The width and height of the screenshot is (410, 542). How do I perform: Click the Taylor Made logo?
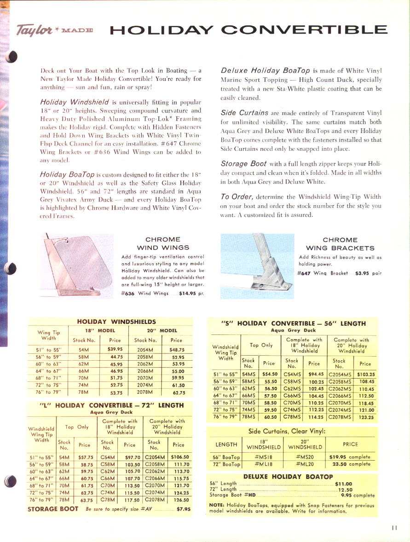(55, 30)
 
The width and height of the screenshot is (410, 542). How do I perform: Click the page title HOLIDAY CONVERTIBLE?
(248, 30)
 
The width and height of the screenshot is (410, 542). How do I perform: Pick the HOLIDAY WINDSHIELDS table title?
(116, 322)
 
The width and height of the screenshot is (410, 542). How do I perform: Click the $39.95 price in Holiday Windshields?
(115, 349)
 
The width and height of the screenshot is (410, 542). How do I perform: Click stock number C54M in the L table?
(107, 457)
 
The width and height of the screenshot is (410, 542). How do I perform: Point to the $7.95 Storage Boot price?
(184, 509)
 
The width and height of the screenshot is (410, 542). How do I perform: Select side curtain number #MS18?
(263, 457)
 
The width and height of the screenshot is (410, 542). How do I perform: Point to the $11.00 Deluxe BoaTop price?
(344, 484)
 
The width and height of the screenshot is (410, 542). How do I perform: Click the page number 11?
(394, 528)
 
